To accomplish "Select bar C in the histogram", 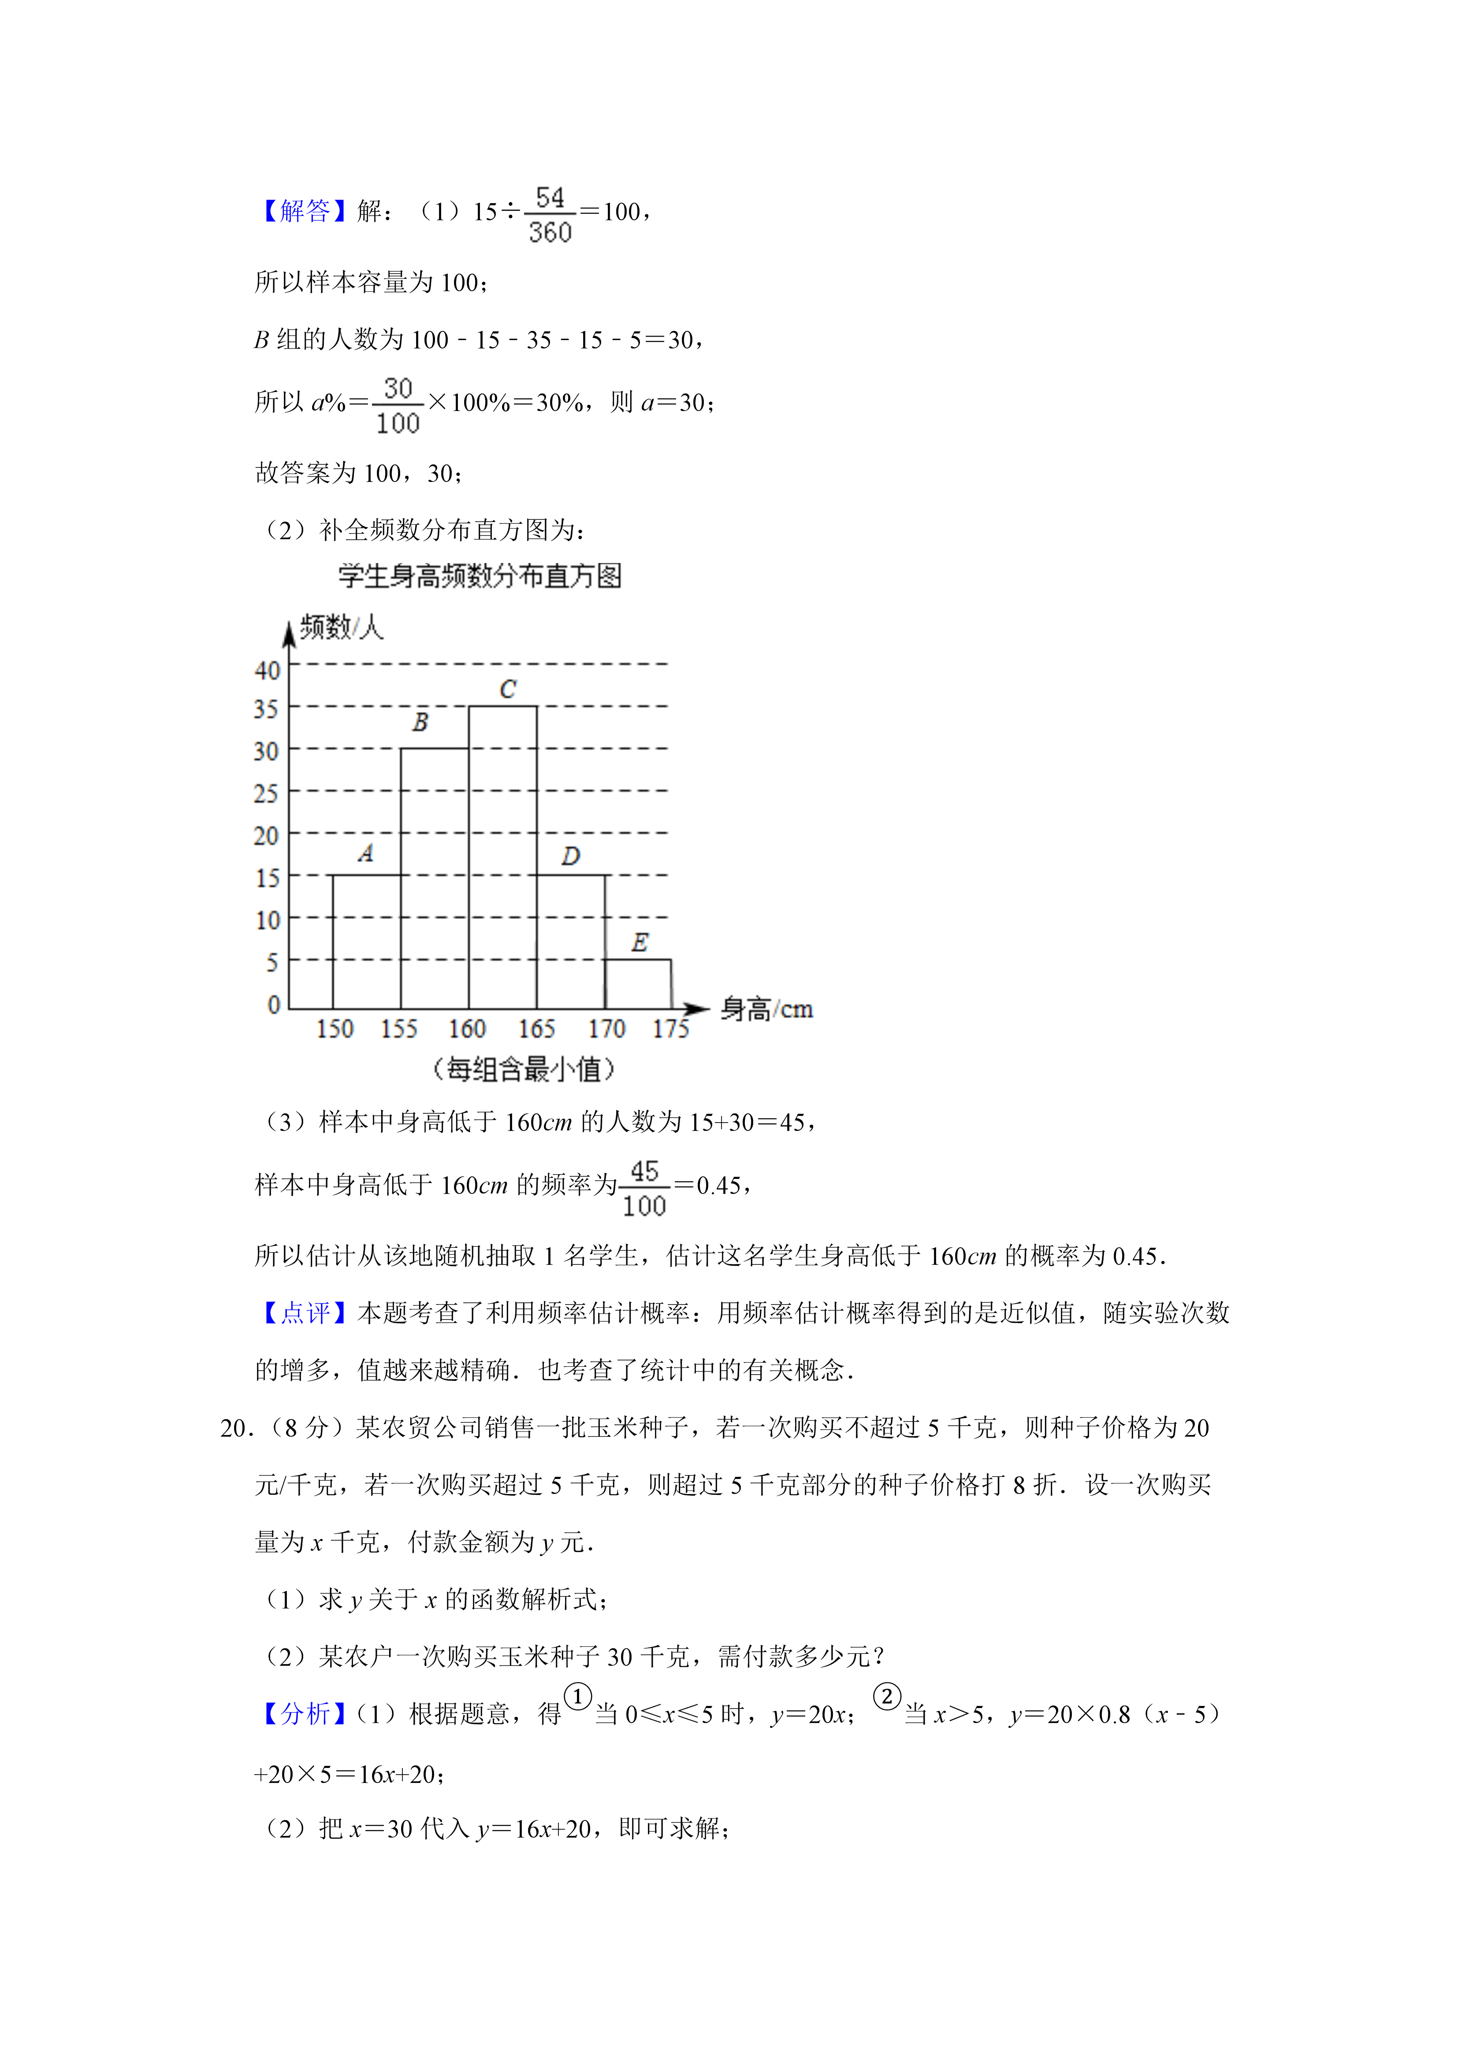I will (x=503, y=857).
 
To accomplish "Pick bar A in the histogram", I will (x=366, y=941).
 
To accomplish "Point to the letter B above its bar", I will (x=420, y=722).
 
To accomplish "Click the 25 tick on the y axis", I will (x=266, y=793).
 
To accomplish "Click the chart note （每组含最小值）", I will (x=524, y=1069).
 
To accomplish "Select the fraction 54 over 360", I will (x=550, y=215).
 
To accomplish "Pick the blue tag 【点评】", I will (x=303, y=1313).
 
